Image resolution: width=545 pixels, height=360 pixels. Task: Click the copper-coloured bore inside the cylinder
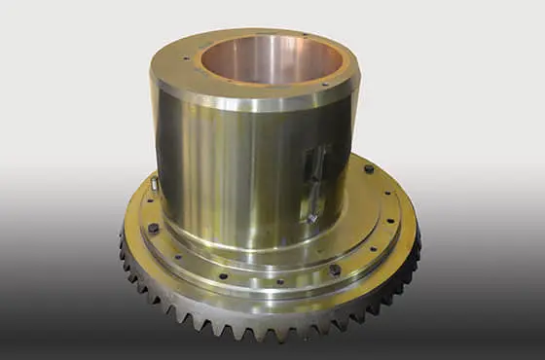click(x=256, y=60)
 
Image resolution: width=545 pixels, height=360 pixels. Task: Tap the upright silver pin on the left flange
click(x=155, y=182)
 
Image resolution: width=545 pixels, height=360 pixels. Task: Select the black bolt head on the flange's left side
click(x=153, y=229)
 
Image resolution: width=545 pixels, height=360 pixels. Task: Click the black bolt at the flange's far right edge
click(x=369, y=169)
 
